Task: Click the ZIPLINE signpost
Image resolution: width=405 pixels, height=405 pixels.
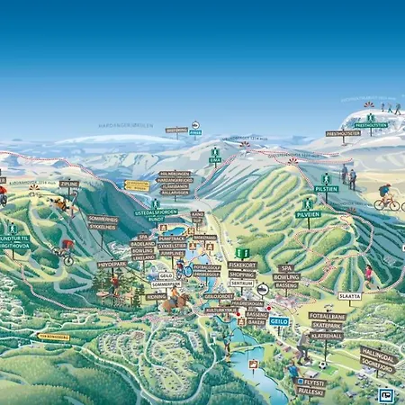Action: [x=69, y=184]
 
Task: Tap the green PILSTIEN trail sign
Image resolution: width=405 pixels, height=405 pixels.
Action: [x=327, y=189]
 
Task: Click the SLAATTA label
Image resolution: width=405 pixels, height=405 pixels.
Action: [x=350, y=295]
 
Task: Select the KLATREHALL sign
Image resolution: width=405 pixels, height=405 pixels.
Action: [x=327, y=335]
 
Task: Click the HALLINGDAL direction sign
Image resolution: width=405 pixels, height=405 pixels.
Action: [x=377, y=355]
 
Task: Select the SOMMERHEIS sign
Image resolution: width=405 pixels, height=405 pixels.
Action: [x=103, y=220]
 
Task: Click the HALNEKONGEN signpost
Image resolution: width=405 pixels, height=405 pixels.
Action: [x=175, y=173]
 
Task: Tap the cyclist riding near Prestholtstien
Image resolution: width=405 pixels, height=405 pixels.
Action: [x=387, y=198]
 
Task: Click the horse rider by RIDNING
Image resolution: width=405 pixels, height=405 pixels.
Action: [x=168, y=301]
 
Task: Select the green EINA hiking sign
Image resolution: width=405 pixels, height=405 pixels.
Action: [x=215, y=159]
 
